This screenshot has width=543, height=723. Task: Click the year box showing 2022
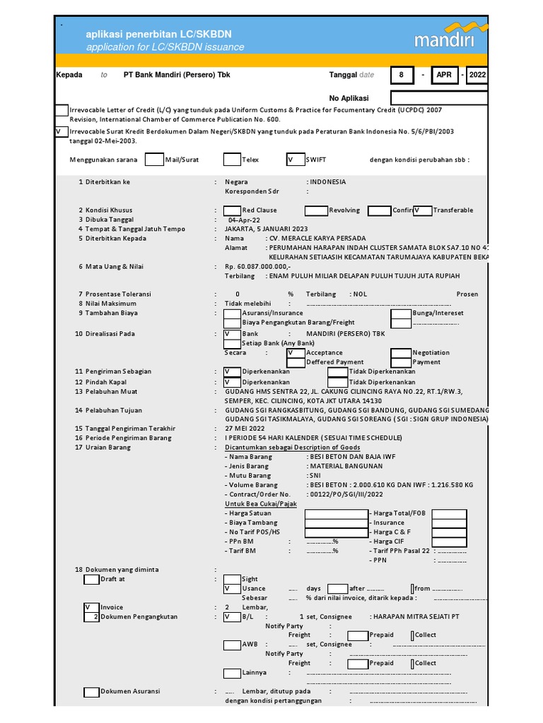pos(476,75)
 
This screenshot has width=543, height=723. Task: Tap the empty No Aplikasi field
pos(438,97)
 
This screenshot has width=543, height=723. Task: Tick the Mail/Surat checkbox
pos(153,160)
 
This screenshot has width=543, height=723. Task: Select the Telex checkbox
pos(232,160)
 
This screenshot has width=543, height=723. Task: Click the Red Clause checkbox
pos(232,210)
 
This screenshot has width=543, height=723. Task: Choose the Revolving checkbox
pos(316,210)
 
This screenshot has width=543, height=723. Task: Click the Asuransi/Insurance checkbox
pos(232,313)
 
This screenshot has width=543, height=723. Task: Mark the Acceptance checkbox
pos(296,352)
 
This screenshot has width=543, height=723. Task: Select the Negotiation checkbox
pos(402,352)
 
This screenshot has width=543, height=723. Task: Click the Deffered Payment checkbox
pos(296,361)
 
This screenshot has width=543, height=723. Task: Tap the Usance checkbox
pos(232,588)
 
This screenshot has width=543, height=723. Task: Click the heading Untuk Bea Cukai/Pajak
pos(261,503)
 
